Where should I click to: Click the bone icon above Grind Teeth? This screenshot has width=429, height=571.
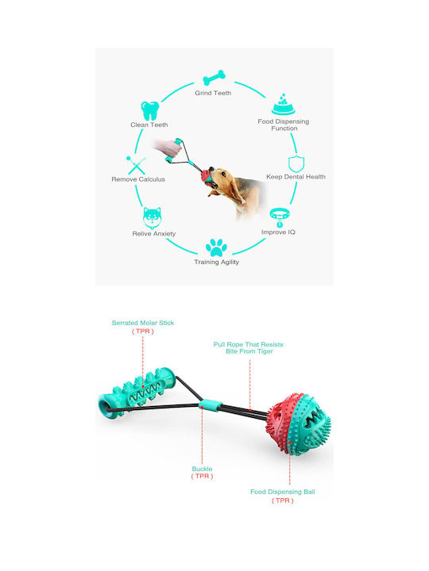[214, 77]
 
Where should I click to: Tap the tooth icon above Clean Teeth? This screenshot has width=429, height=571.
[150, 111]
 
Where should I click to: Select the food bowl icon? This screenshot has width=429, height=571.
[283, 105]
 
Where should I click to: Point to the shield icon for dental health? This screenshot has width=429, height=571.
[296, 164]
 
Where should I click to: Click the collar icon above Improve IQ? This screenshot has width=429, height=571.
[280, 217]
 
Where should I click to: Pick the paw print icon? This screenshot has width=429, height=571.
[216, 247]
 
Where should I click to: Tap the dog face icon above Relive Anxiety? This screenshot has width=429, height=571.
[152, 218]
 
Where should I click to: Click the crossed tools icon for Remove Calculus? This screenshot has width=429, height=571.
[136, 165]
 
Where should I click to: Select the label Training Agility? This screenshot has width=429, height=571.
[217, 262]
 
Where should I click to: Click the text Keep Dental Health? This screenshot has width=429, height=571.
[296, 177]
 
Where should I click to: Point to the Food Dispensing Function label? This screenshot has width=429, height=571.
[284, 125]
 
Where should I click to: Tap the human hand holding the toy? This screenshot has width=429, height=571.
[168, 148]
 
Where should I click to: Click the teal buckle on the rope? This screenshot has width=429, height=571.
[210, 405]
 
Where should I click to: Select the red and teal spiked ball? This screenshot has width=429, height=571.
[299, 423]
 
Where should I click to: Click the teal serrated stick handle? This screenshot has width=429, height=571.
[137, 393]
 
